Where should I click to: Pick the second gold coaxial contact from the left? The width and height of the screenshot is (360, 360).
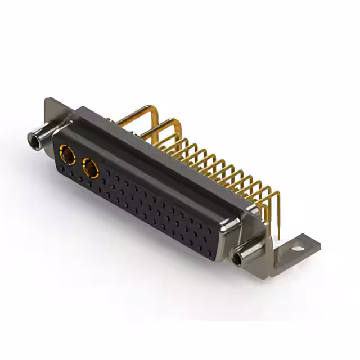[90, 167]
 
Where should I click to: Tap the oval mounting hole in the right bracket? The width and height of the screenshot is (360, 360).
[297, 246]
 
